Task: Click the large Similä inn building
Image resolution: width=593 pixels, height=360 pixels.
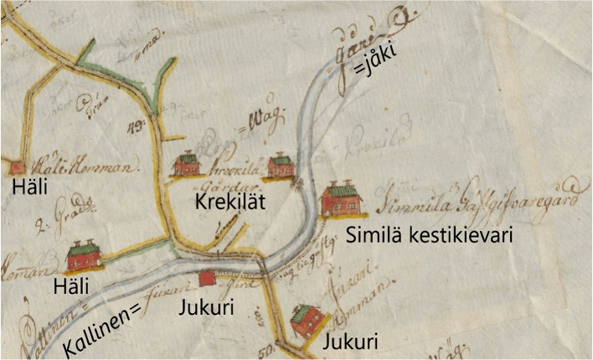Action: [341, 200]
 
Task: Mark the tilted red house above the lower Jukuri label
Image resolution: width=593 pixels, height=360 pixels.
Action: [305, 320]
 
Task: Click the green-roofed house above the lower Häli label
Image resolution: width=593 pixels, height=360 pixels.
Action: [85, 255]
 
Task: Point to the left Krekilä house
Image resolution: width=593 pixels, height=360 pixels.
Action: [186, 164]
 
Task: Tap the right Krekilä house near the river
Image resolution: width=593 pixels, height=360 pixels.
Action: [281, 166]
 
